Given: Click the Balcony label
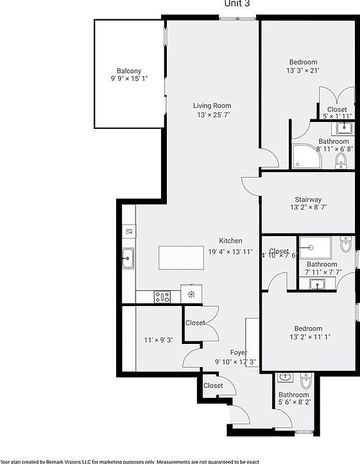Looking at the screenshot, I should click(129, 71).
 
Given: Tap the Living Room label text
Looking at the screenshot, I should click(212, 106).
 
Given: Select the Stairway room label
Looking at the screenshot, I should click(308, 199).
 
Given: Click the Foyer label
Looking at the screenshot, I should click(239, 352).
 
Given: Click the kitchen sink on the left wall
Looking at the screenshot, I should click(128, 258).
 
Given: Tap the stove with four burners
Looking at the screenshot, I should click(162, 296).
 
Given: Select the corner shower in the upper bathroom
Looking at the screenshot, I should click(303, 156).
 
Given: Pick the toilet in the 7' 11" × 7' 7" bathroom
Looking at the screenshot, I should click(346, 244).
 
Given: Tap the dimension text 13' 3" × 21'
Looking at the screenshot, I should click(302, 71).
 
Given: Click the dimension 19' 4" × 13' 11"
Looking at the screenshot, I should click(230, 252).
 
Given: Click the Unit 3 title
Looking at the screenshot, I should click(237, 4).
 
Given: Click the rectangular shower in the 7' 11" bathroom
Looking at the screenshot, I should click(315, 246).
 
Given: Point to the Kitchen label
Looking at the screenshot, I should click(230, 241).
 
